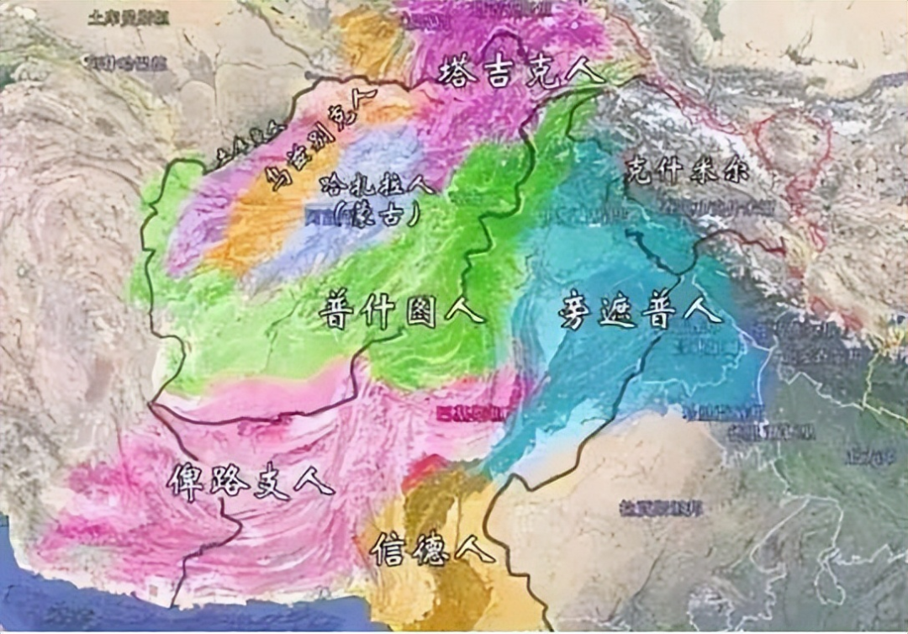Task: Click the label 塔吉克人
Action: [520, 71]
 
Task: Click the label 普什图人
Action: [401, 312]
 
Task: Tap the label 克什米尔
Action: [686, 172]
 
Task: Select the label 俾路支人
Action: [250, 479]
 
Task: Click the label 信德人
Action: [432, 548]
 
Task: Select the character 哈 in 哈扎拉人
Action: [332, 185]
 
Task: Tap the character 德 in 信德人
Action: [431, 548]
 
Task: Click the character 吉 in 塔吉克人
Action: [500, 71]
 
